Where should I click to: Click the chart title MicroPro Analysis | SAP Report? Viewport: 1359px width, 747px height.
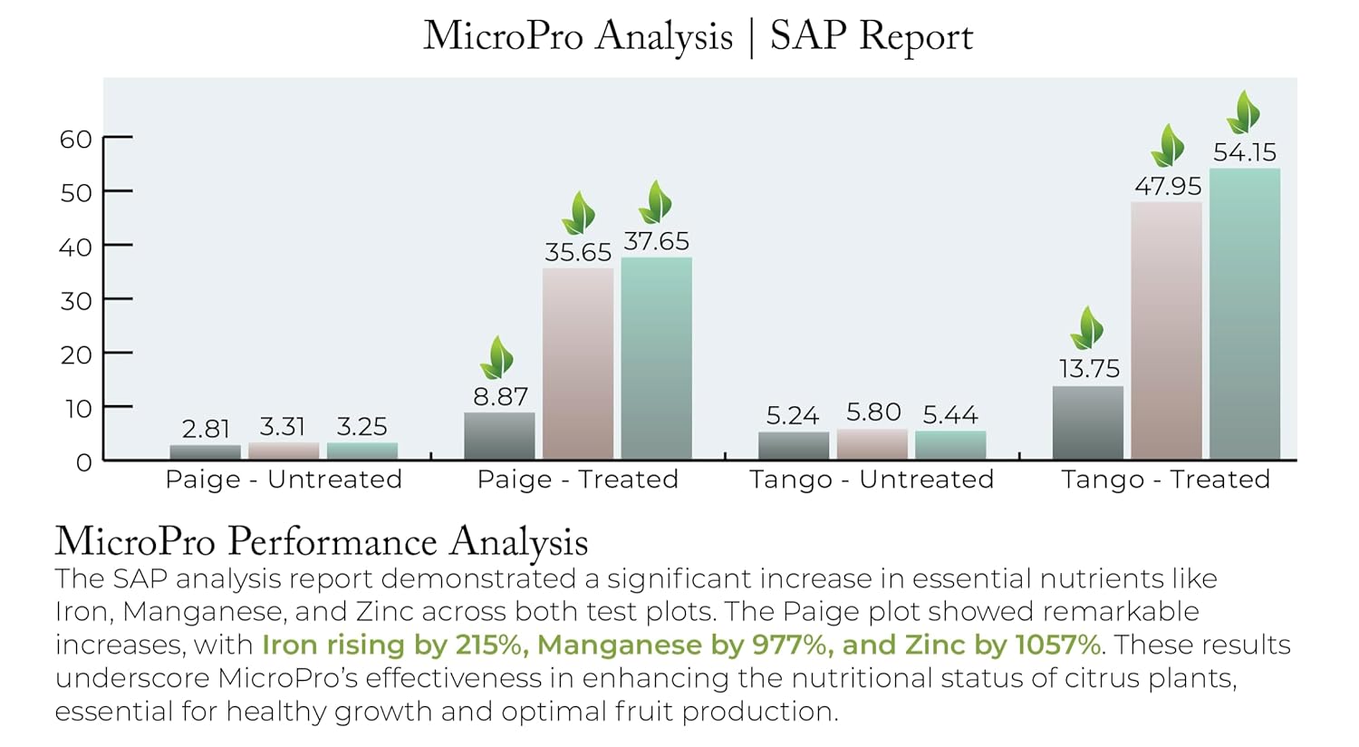coord(698,37)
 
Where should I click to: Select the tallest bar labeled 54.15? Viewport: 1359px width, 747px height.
coord(1245,313)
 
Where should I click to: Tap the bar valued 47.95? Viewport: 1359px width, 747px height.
coord(1166,330)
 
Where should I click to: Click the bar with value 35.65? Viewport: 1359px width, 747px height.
coord(578,363)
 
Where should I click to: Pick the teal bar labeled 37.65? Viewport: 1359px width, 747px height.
coord(656,358)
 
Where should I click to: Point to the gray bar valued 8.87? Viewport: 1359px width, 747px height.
coord(499,436)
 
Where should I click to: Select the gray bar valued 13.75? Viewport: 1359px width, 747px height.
coord(1087,422)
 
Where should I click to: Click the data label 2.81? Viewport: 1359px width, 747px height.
coord(206,429)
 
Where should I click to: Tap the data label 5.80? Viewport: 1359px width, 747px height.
coord(873,412)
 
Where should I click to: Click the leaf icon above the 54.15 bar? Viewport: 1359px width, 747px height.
coord(1244,112)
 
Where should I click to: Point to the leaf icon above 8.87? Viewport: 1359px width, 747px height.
coord(497,358)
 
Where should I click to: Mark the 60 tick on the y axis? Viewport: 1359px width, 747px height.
coord(76,140)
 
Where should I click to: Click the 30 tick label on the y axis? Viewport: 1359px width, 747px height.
coord(76,301)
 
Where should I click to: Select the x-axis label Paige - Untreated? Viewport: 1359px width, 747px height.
coord(284,480)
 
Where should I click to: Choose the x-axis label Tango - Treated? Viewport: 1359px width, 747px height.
coord(1166,480)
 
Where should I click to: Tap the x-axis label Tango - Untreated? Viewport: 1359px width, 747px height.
coord(872,480)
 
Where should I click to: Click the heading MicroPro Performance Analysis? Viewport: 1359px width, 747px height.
coord(322,541)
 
